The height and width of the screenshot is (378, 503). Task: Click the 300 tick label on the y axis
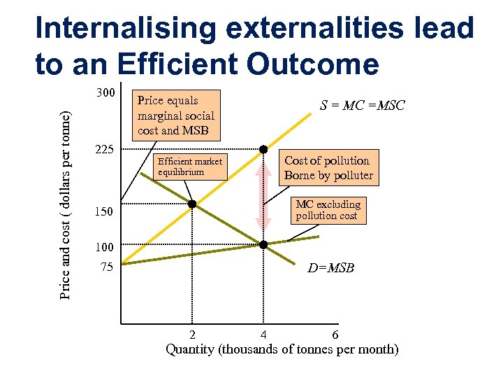coord(105,93)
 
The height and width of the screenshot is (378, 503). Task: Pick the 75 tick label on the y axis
coord(105,266)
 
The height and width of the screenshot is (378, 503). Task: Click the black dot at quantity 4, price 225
coord(263,149)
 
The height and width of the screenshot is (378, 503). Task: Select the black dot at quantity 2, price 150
coord(192,204)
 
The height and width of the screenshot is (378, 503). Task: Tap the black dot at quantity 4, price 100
coord(263,244)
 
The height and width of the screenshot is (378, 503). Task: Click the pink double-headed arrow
coord(263,196)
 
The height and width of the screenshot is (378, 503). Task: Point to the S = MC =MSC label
coord(362,106)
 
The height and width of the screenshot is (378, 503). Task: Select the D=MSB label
coord(330,268)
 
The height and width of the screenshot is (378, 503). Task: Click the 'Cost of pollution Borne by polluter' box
coord(328,168)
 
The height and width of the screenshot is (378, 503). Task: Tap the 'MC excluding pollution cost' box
coord(328,210)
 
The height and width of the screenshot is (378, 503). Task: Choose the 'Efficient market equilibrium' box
coord(190,167)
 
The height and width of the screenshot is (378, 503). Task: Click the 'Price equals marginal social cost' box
coord(176,115)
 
